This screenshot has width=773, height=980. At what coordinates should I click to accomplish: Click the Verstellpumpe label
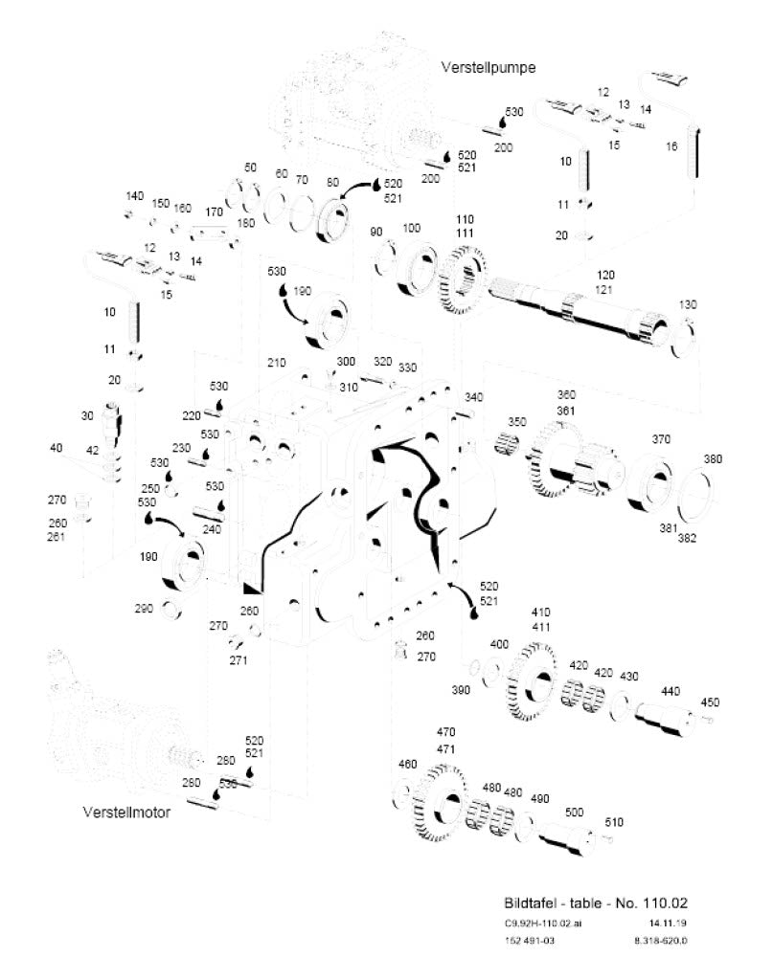(488, 67)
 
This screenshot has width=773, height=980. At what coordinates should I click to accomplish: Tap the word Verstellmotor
(126, 813)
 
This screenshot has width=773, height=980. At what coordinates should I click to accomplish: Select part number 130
(688, 304)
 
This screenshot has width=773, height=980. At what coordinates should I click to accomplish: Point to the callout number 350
(517, 422)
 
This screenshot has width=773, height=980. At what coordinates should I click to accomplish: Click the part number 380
(715, 458)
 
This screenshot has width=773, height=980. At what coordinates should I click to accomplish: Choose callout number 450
(710, 702)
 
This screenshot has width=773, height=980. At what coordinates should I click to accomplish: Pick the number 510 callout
(613, 821)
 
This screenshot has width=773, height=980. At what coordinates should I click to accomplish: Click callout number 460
(408, 765)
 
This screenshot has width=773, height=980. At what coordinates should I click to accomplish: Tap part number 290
(145, 609)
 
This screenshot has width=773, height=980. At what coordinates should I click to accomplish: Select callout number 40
(56, 447)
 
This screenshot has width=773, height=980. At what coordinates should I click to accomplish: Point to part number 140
(134, 196)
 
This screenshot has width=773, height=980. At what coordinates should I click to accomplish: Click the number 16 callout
(671, 146)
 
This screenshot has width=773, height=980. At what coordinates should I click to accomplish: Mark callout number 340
(473, 396)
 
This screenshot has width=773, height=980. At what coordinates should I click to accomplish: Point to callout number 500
(574, 813)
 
